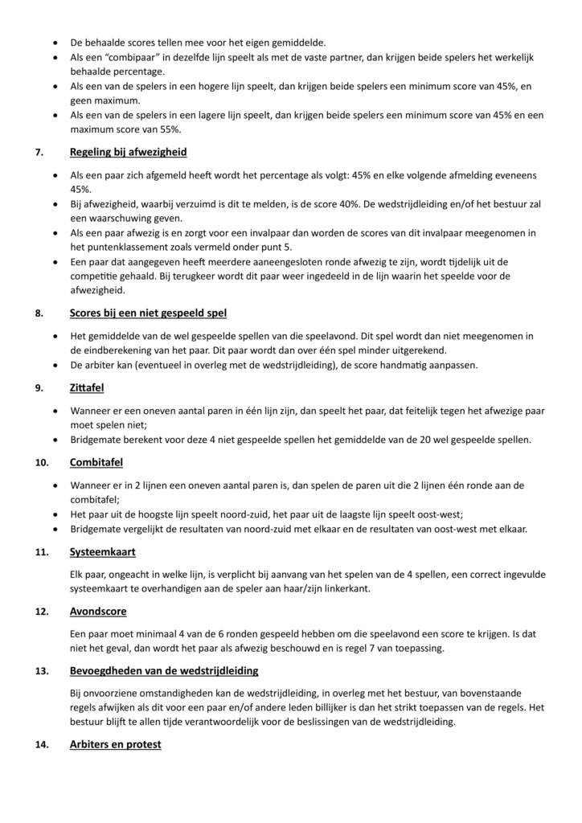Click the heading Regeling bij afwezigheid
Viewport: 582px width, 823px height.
128,151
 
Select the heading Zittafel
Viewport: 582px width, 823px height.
87,388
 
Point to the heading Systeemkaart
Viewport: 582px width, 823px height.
104,552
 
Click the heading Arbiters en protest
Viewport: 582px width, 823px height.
115,744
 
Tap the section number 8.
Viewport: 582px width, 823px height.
39,313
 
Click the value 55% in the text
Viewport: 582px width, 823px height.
168,129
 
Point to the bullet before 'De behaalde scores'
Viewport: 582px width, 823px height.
54,42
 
